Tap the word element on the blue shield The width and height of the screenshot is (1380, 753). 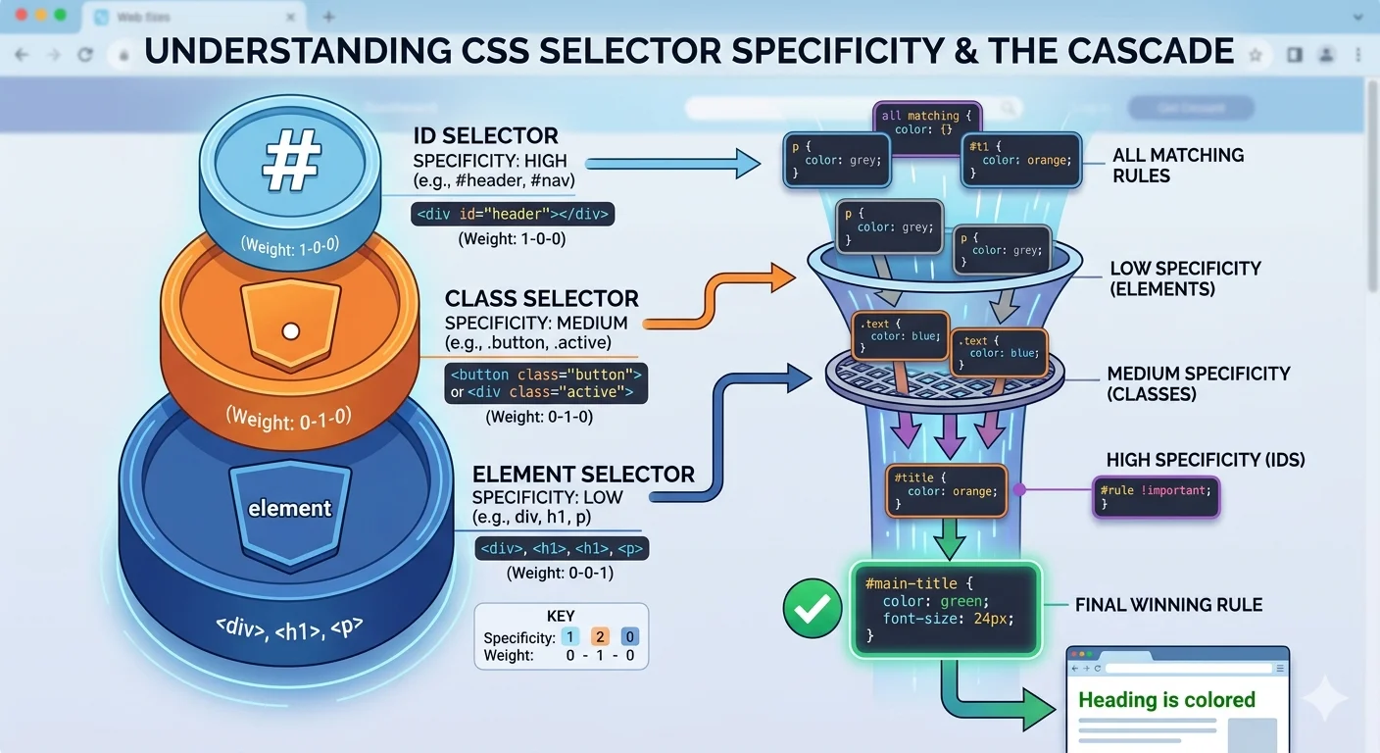point(289,508)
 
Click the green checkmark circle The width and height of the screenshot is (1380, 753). point(813,609)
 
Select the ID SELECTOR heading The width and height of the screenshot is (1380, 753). point(485,136)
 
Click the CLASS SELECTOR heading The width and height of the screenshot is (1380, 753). point(541,299)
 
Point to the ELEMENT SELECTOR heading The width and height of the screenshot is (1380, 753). point(583,475)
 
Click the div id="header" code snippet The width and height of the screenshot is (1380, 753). point(513,214)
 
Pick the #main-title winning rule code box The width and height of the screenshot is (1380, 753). point(944,609)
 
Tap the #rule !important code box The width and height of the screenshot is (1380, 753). point(1155,497)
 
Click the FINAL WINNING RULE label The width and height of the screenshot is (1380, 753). point(1168,606)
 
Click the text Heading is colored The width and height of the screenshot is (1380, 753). point(1166,700)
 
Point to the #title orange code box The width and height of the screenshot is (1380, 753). point(946,491)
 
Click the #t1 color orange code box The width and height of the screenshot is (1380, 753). point(1021,160)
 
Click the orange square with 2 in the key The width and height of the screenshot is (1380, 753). point(601,637)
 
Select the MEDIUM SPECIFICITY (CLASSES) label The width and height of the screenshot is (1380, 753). point(1198,383)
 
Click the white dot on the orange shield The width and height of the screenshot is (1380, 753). point(289,331)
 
